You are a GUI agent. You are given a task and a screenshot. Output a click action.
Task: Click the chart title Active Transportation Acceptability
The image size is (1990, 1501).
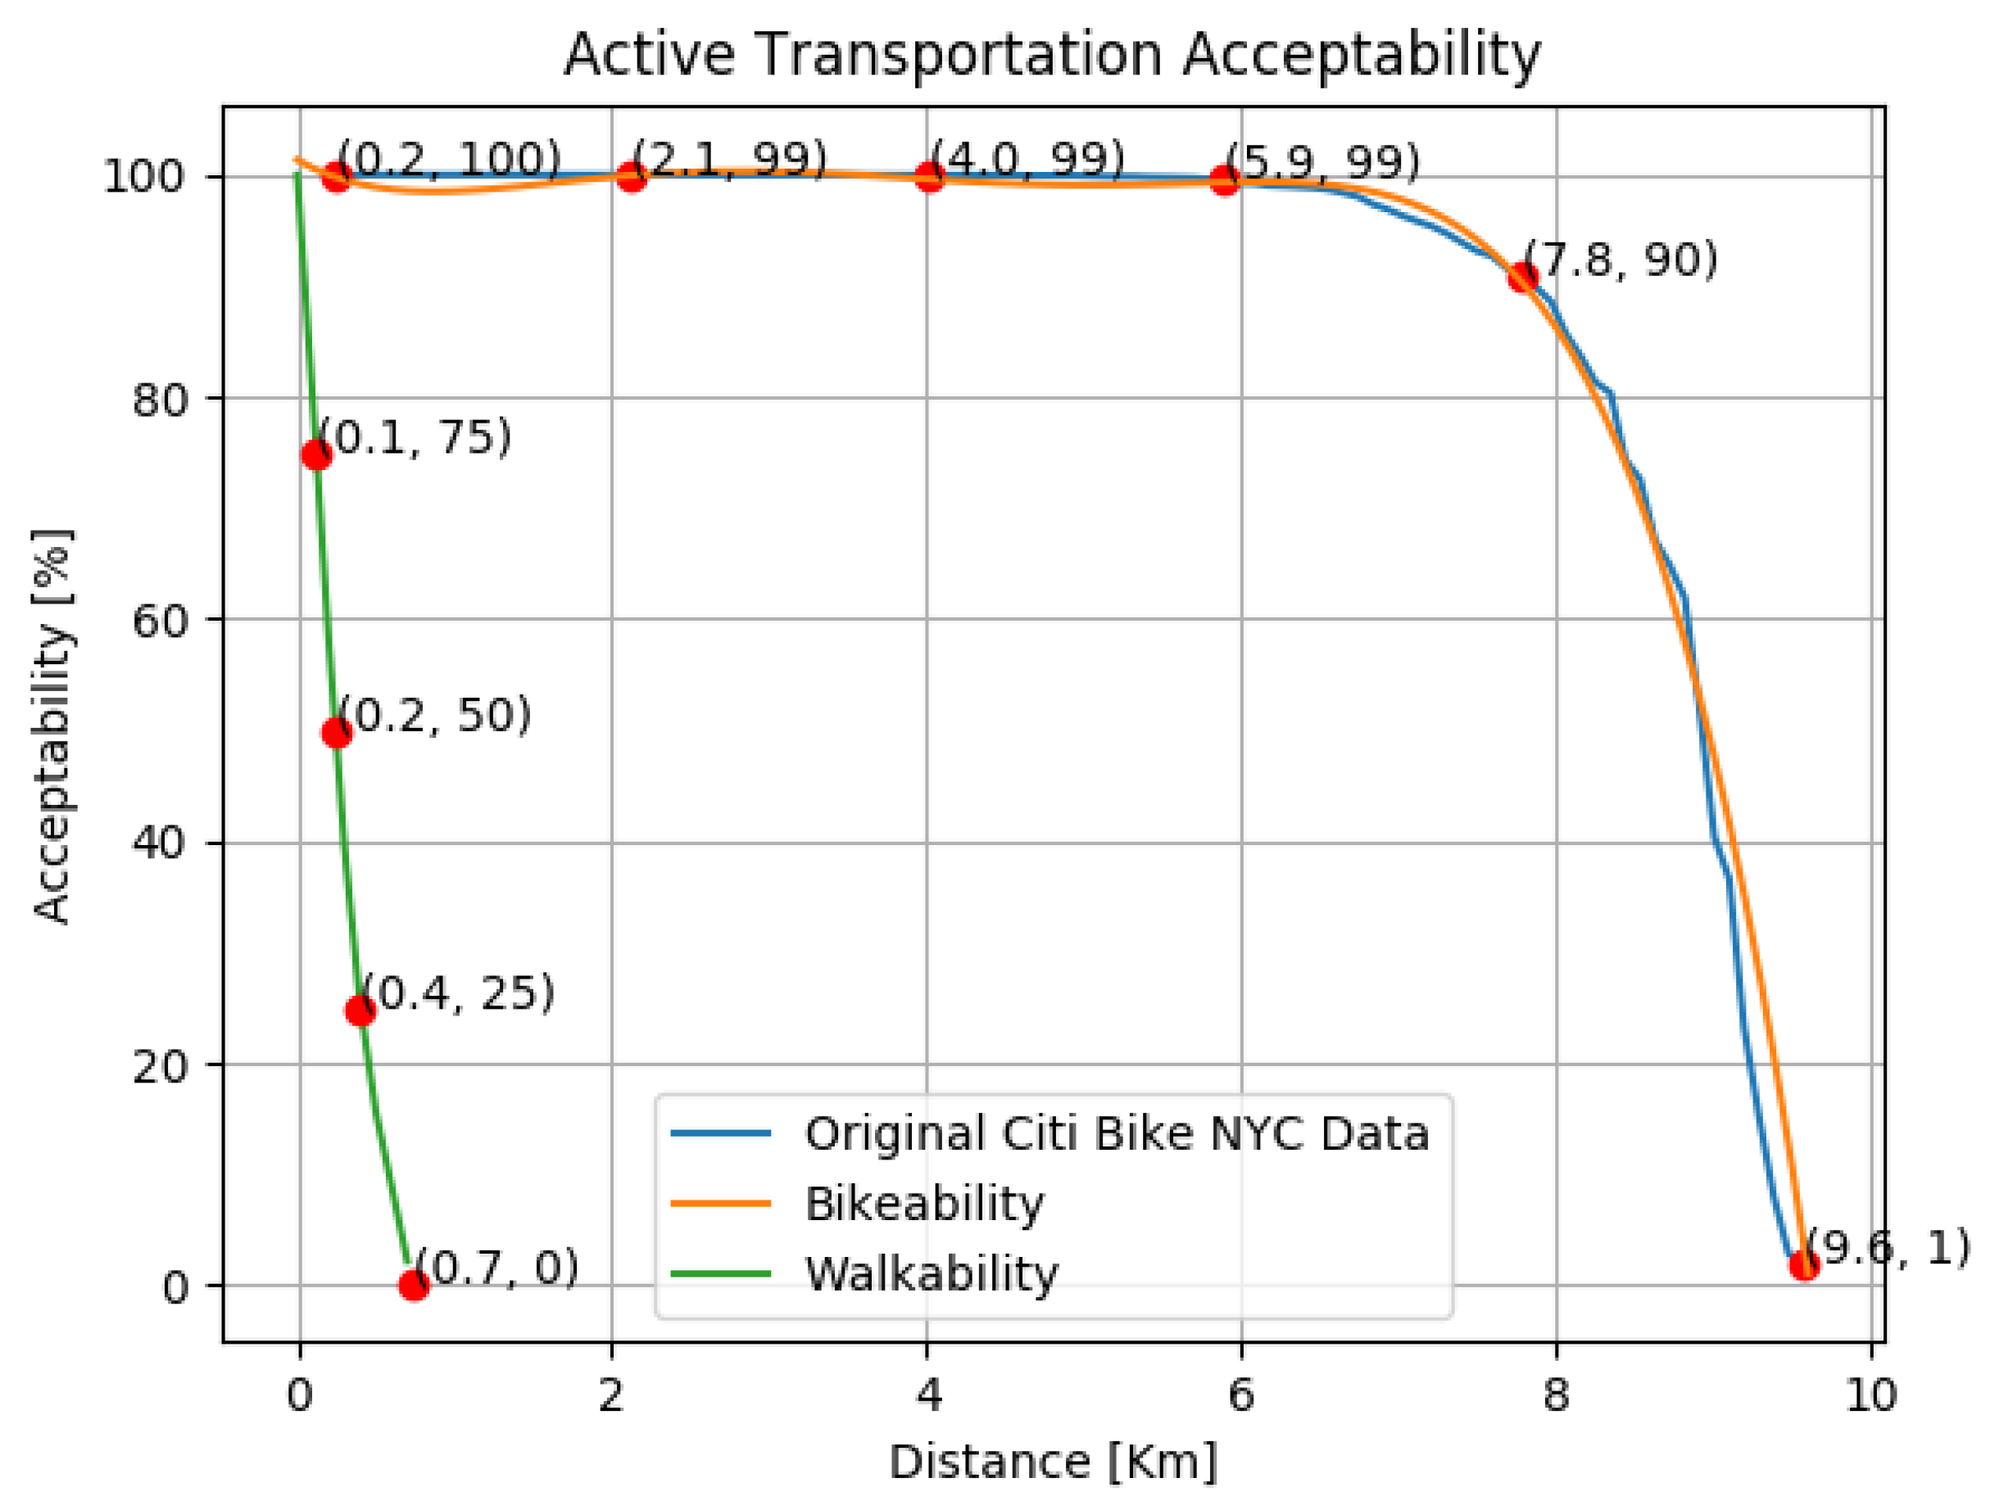(x=1052, y=56)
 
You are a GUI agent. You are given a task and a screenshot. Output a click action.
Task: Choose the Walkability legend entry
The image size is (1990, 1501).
(x=932, y=1273)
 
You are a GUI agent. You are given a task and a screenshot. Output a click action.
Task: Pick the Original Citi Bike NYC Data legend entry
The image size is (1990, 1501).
(x=1117, y=1133)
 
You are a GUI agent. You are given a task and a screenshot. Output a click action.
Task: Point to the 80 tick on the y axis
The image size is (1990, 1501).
(x=159, y=400)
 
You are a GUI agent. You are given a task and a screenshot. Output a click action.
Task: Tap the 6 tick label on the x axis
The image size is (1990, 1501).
(x=1241, y=1396)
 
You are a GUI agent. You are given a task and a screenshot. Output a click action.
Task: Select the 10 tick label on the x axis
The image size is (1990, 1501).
(x=1871, y=1396)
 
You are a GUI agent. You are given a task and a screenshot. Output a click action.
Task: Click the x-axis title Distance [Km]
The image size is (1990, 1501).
(x=1052, y=1463)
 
